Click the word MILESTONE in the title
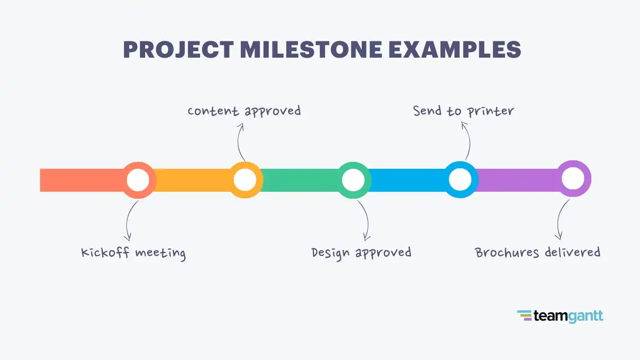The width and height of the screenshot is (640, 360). (311, 50)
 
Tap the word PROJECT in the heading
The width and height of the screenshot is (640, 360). (179, 50)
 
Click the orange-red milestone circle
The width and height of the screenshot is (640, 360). (138, 180)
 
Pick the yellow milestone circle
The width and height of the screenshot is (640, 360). (245, 180)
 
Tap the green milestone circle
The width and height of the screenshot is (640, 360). (353, 180)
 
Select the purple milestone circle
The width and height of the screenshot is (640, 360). (573, 179)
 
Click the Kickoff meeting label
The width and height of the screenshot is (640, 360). (134, 253)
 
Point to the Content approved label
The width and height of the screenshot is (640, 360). (244, 111)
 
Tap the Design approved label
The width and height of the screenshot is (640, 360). (361, 253)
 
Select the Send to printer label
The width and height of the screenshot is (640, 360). (463, 111)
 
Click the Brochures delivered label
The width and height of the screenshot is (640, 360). (538, 253)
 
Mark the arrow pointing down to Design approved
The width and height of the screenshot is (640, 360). (365, 220)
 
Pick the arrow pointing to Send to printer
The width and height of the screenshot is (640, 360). (467, 141)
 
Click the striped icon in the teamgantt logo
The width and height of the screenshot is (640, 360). (524, 316)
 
